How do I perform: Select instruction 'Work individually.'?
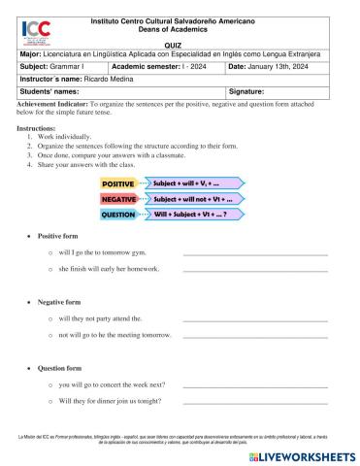click(x=67, y=137)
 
